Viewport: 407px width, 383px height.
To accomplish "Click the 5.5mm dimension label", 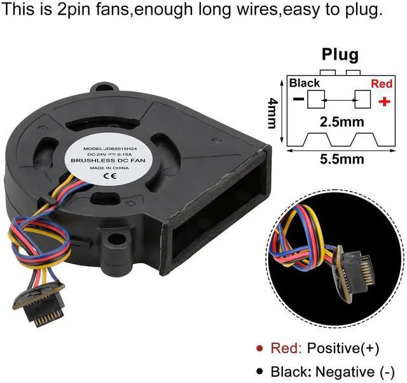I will [x=339, y=160].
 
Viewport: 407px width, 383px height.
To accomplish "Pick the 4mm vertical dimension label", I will [x=272, y=113].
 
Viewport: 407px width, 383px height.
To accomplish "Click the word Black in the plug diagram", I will [x=305, y=83].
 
